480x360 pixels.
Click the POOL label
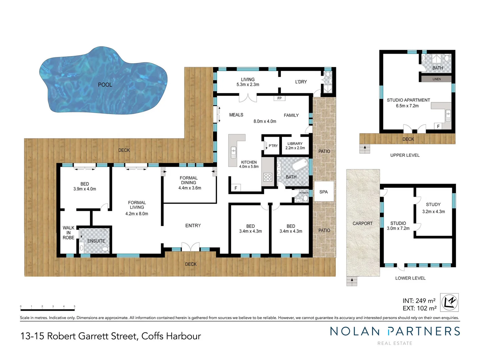[105, 85]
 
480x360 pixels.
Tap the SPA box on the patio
[324, 192]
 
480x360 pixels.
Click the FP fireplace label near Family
[279, 98]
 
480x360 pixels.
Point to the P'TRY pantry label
[273, 146]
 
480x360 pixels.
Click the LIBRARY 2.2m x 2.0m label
[295, 146]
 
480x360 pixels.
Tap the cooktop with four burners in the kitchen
[268, 177]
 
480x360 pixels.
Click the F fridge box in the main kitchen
[236, 188]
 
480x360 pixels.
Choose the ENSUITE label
[96, 241]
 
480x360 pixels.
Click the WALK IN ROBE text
[68, 233]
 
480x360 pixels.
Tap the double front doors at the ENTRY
[190, 247]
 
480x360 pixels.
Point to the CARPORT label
[362, 223]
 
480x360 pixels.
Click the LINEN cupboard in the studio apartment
[436, 79]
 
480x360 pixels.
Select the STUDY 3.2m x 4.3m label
[433, 208]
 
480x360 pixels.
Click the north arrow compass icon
[449, 302]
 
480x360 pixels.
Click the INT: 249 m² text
[419, 301]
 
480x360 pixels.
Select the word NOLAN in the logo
[355, 331]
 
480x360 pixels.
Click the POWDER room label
[304, 193]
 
